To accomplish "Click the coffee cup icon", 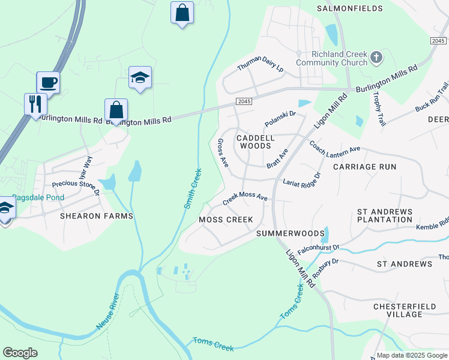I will pos(48,82).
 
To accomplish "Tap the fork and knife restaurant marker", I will pos(35,103).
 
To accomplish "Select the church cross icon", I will pos(376,58).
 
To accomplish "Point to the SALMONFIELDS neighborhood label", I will pos(349,8).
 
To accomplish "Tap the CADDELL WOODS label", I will pos(256,142).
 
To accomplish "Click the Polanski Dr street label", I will pos(280,118).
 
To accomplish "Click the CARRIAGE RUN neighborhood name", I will pos(364,166).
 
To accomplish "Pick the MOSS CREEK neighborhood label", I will pos(226,220).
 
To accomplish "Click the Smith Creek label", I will pos(193,188).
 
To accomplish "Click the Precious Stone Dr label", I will pos(76,188).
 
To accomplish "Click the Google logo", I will pos(20,353).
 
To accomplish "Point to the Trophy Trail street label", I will pos(378,109).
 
